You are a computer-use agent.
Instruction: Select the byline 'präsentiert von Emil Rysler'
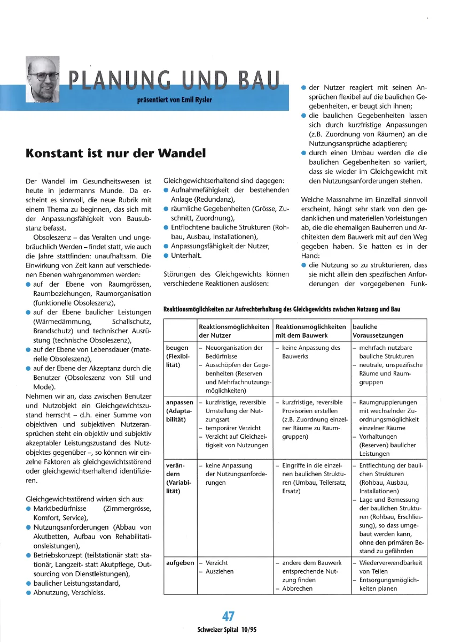pos(175,100)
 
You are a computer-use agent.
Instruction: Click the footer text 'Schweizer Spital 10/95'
pos(226,630)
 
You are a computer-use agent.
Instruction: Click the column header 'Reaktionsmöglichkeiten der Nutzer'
pos(233,331)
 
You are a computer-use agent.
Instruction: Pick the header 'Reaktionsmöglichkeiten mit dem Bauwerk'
pos(310,331)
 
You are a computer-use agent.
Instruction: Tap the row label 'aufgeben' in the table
pos(180,563)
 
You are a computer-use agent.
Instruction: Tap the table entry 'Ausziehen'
pos(220,571)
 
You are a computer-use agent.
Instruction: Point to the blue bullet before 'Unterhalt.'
pos(166,256)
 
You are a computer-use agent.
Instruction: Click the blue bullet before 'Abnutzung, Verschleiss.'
pos(28,593)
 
